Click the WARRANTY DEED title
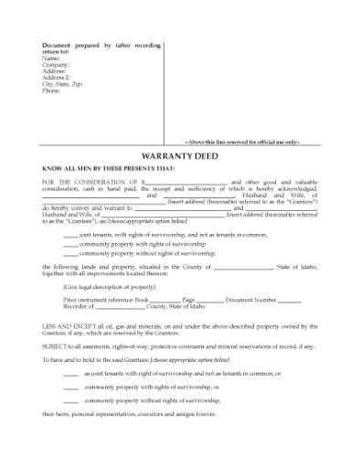(179, 154)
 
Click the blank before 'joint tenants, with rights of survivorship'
(70, 235)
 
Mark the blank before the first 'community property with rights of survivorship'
(70, 244)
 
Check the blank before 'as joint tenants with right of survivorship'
(70, 375)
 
